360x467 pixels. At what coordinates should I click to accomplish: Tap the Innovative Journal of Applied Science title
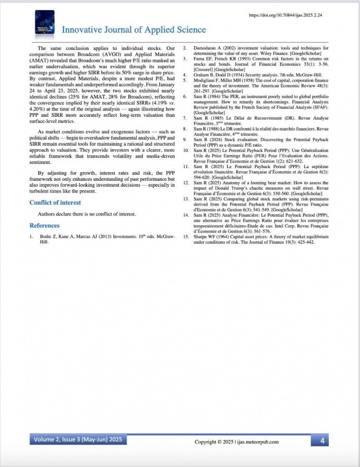click(134, 30)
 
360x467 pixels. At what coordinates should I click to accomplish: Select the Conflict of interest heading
click(55, 202)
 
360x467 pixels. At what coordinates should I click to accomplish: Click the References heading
click(44, 226)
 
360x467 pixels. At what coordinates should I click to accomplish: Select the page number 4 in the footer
click(322, 440)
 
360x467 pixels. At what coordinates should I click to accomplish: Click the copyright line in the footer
click(236, 442)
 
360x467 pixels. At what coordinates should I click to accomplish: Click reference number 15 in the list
click(185, 237)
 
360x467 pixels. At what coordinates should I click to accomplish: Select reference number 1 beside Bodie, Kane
click(31, 236)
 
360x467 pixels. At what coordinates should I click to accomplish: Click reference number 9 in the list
click(185, 140)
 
